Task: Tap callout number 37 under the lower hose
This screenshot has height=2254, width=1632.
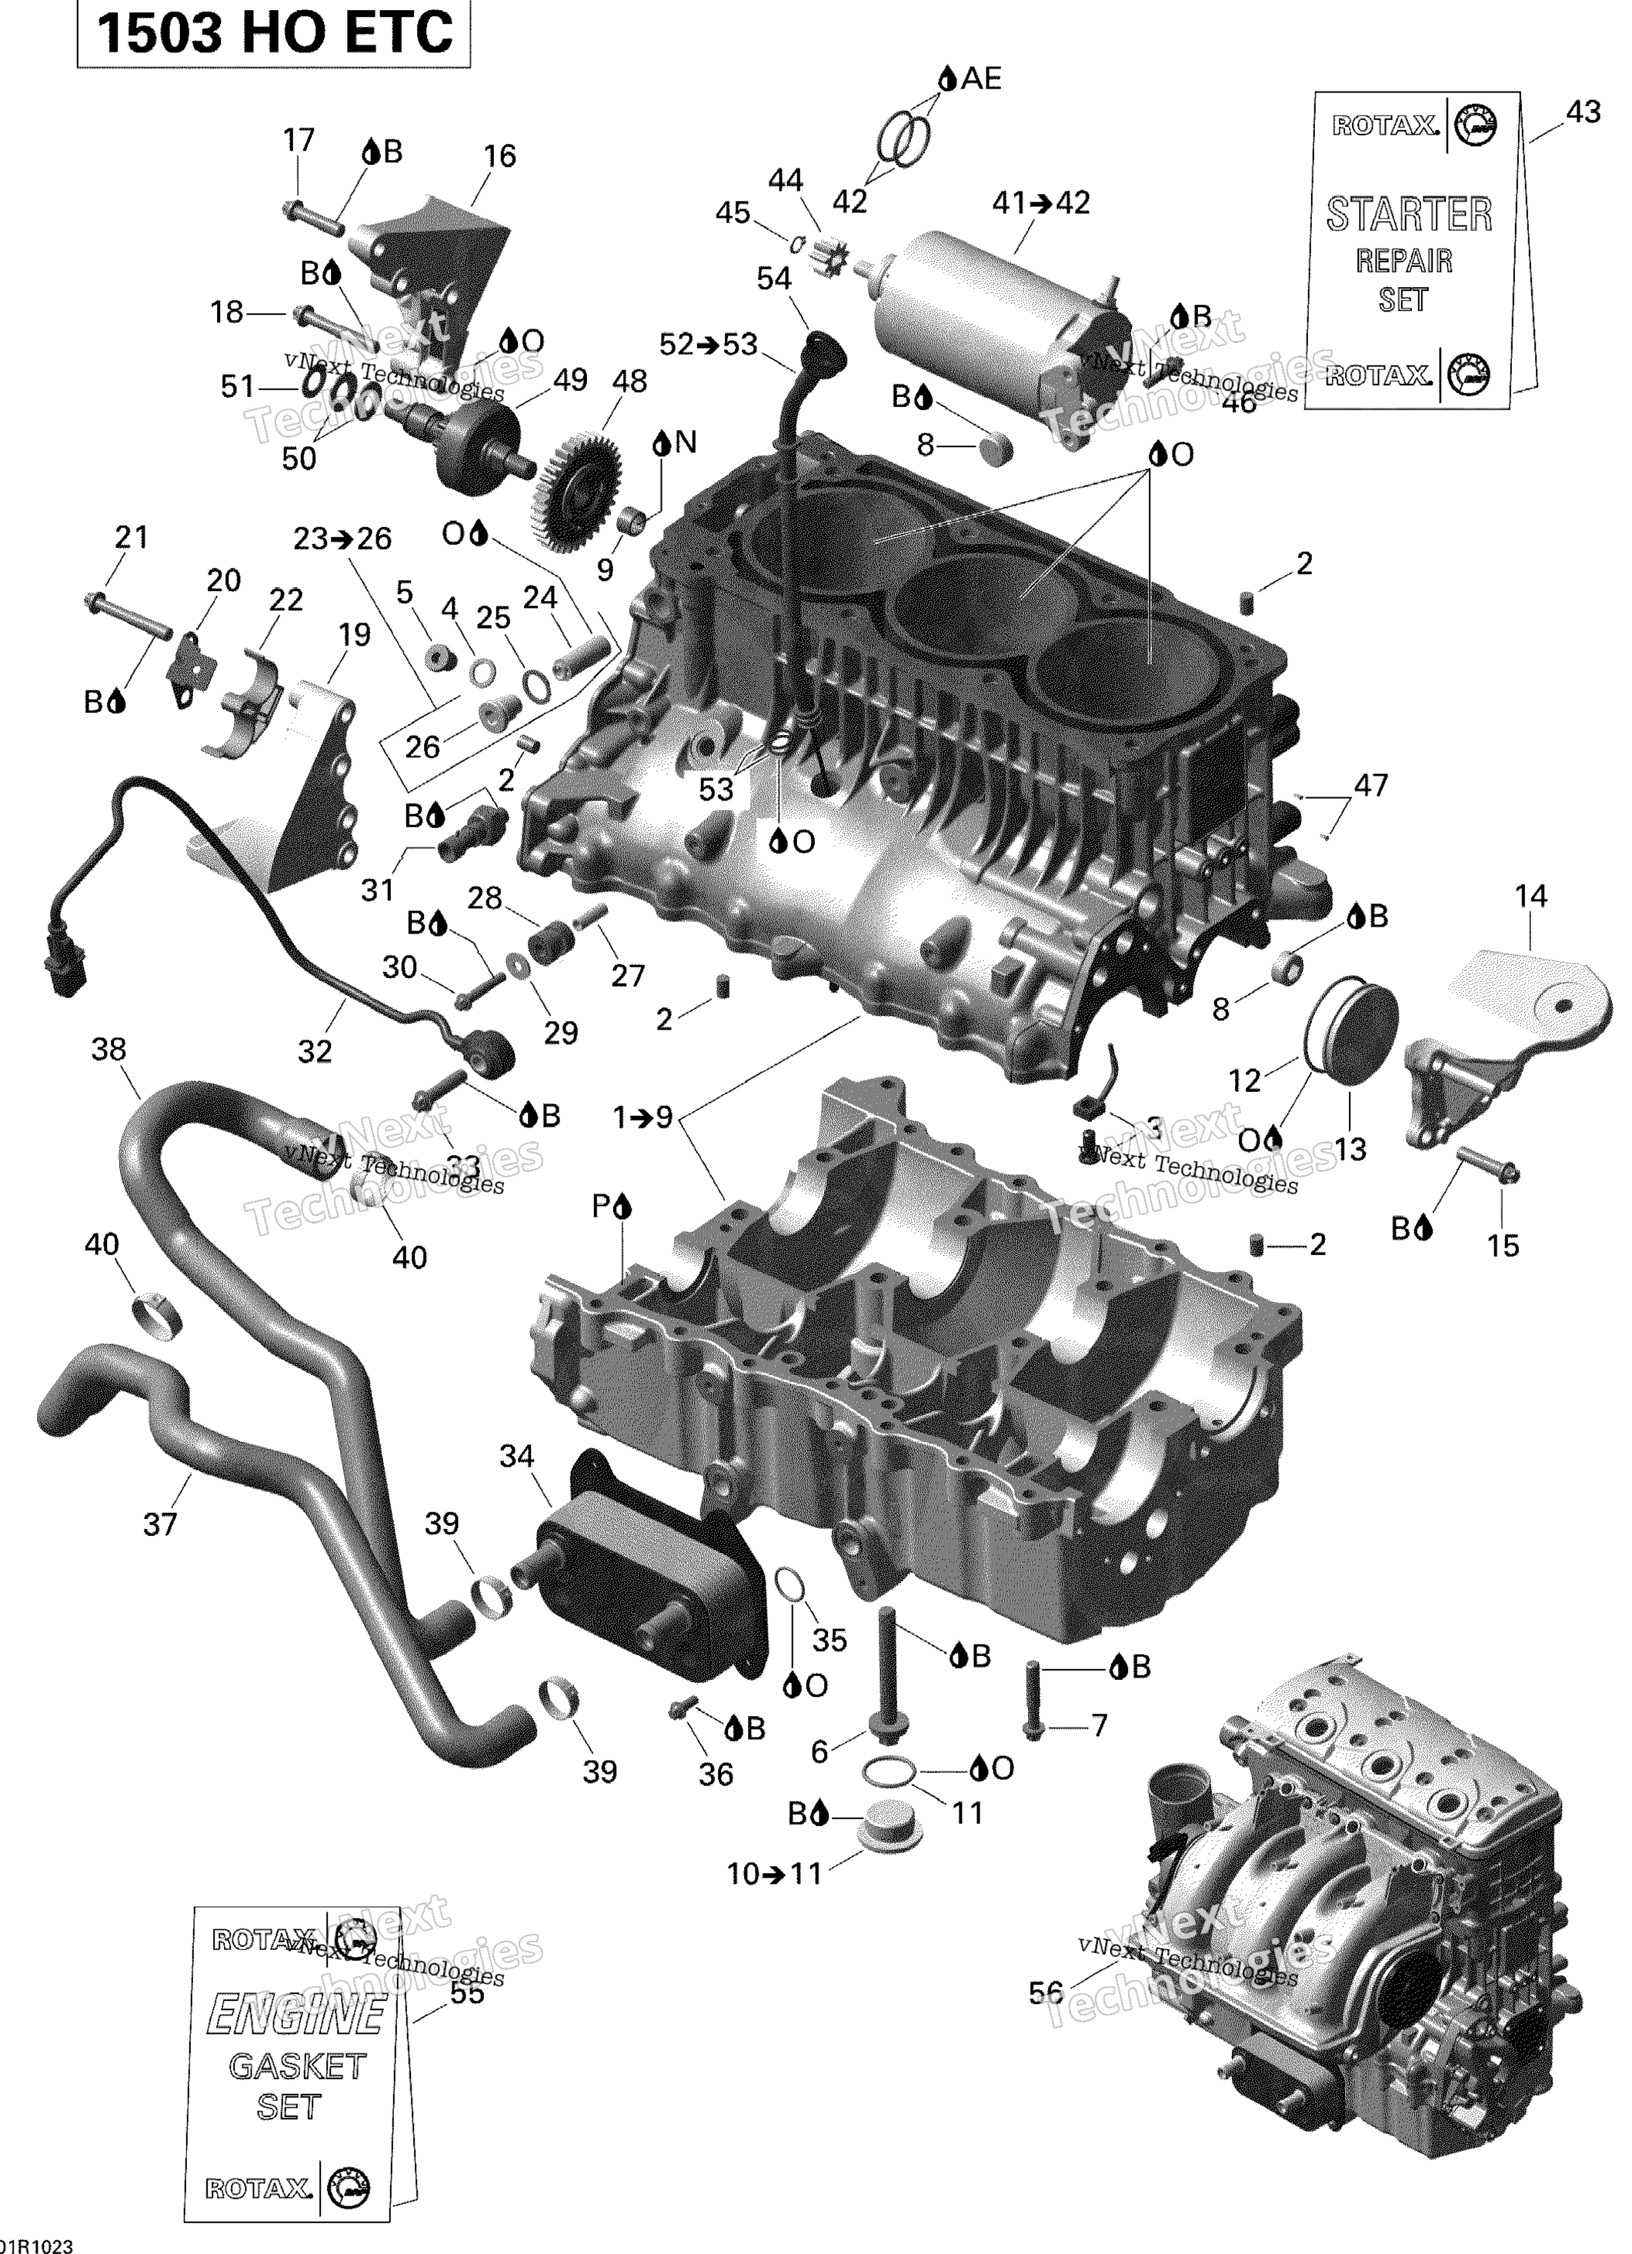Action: pos(160,1524)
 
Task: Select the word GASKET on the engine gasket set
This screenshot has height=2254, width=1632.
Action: pos(297,2066)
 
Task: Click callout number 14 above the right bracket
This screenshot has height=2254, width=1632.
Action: pos(1530,896)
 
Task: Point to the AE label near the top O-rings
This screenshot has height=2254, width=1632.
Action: pos(981,78)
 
